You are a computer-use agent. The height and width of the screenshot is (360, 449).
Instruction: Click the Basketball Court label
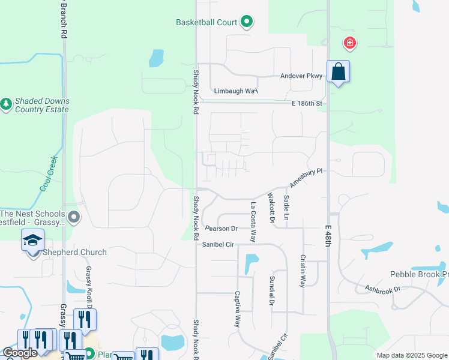(x=206, y=22)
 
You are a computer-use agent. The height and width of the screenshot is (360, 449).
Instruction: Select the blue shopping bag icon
(x=339, y=72)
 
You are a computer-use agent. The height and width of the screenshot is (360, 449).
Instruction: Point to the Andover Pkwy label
(x=301, y=76)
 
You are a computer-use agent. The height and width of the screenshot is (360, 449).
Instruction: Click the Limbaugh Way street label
(x=236, y=91)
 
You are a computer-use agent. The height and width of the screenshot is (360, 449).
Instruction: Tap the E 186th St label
(x=307, y=104)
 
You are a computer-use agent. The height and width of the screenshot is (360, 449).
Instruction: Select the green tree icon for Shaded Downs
(x=7, y=104)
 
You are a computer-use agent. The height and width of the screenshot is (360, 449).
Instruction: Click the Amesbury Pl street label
(x=307, y=178)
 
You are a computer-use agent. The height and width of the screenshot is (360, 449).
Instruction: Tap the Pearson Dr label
(x=221, y=229)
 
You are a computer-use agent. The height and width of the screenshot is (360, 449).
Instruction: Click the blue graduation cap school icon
(x=32, y=241)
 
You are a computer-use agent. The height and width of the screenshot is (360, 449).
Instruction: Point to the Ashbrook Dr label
(x=383, y=289)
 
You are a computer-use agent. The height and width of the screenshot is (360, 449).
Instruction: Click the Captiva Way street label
(x=238, y=309)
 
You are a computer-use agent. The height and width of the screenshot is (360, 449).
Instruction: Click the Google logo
(x=20, y=352)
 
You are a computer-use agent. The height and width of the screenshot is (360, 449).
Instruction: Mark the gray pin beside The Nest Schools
(x=74, y=217)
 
